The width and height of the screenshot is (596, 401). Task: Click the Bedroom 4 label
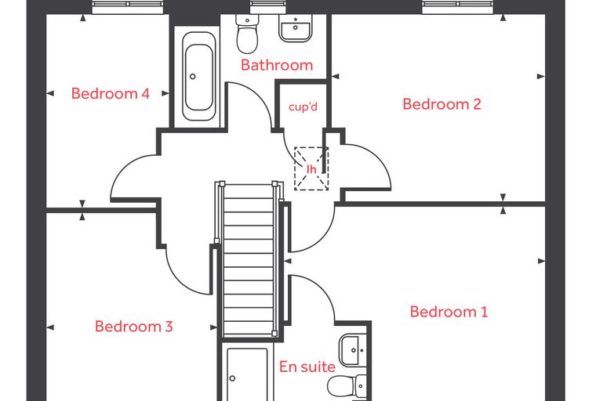[x=111, y=93]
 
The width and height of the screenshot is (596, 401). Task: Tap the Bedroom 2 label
[x=442, y=103]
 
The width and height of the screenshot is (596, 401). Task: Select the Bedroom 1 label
[x=449, y=312]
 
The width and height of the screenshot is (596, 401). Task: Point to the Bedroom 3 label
[x=134, y=326]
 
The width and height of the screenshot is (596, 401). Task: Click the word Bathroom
[x=277, y=65]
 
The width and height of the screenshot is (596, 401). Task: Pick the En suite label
[x=307, y=367]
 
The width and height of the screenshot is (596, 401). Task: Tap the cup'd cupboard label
[x=303, y=107]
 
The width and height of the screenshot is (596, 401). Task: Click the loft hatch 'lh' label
[x=311, y=169]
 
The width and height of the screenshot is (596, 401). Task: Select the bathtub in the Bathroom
[x=198, y=76]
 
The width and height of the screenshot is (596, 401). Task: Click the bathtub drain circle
[x=193, y=76]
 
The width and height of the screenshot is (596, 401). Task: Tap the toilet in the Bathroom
[x=247, y=34]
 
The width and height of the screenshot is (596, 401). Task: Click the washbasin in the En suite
[x=352, y=350]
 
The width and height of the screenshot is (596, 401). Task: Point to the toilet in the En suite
[x=347, y=387]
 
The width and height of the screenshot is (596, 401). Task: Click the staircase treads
[x=249, y=260]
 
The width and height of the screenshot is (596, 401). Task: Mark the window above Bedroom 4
[x=129, y=8]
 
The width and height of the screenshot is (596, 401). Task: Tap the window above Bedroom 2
[x=458, y=8]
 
